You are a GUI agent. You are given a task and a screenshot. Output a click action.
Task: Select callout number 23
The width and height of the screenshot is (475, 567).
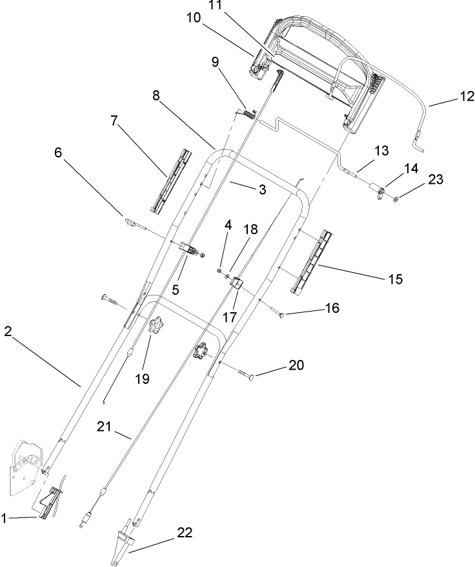436,180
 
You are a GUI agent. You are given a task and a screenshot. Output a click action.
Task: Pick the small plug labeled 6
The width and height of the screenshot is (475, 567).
131,223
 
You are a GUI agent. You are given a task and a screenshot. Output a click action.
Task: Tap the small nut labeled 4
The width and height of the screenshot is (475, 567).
220,272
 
